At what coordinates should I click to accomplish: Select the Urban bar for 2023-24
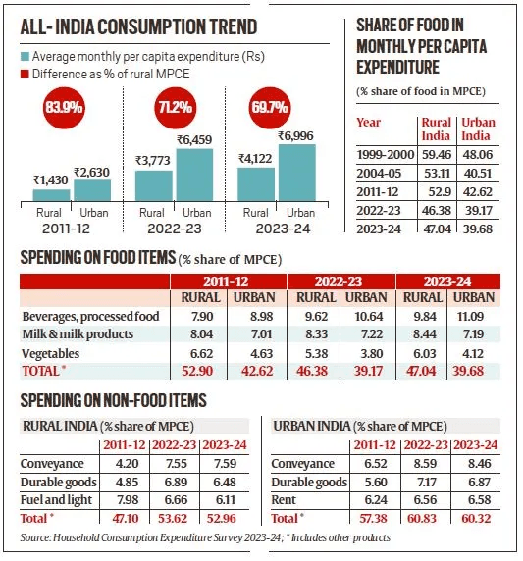(x=295, y=171)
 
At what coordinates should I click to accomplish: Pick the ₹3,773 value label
(x=152, y=161)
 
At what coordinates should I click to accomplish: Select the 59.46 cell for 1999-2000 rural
(x=436, y=154)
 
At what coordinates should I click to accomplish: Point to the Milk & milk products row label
(x=72, y=335)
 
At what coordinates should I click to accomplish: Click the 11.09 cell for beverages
(x=475, y=318)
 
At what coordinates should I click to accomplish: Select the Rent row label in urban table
(x=290, y=499)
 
